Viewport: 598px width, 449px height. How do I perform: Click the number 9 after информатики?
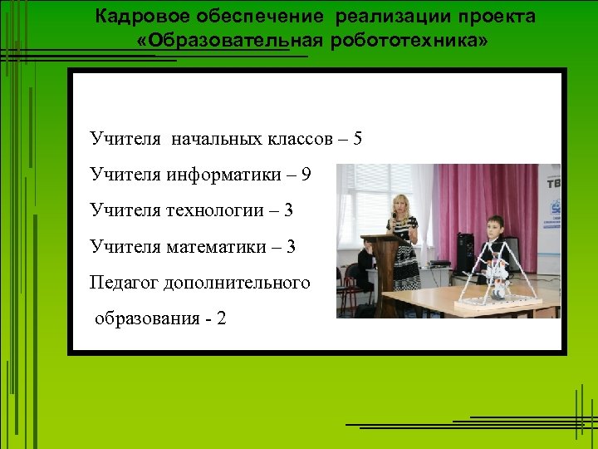tap(306, 175)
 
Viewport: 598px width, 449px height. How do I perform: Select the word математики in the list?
tap(223, 247)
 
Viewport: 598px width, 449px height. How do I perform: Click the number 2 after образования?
tap(221, 319)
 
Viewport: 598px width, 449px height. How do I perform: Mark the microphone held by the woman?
tap(395, 218)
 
